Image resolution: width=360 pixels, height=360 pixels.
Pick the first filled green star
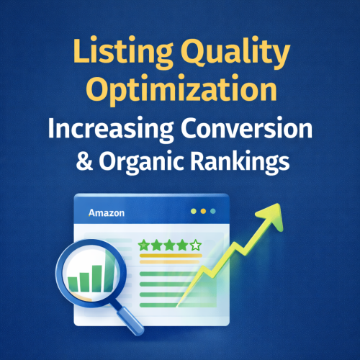pyautogui.click(x=143, y=246)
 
